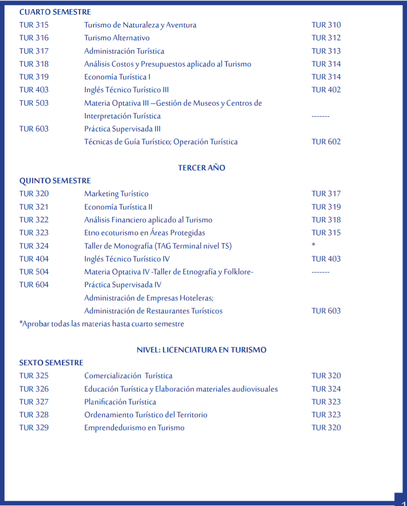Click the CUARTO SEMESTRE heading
click(x=55, y=12)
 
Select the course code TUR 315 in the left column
click(x=34, y=25)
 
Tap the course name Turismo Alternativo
click(x=117, y=38)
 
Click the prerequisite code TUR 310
click(x=326, y=25)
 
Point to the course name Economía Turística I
click(x=117, y=77)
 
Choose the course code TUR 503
click(x=34, y=103)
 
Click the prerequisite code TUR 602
click(x=326, y=142)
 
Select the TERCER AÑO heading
click(x=202, y=168)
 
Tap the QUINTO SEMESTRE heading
click(x=55, y=181)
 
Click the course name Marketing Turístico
click(x=116, y=194)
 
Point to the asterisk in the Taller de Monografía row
click(x=313, y=245)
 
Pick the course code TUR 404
click(x=34, y=259)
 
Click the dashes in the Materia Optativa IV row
click(x=321, y=272)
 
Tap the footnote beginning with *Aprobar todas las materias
click(x=101, y=324)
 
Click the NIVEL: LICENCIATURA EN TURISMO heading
click(x=202, y=350)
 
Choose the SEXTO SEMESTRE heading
click(x=51, y=363)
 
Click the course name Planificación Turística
click(x=120, y=402)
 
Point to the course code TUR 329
click(x=34, y=427)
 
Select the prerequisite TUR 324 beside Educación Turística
click(x=326, y=389)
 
